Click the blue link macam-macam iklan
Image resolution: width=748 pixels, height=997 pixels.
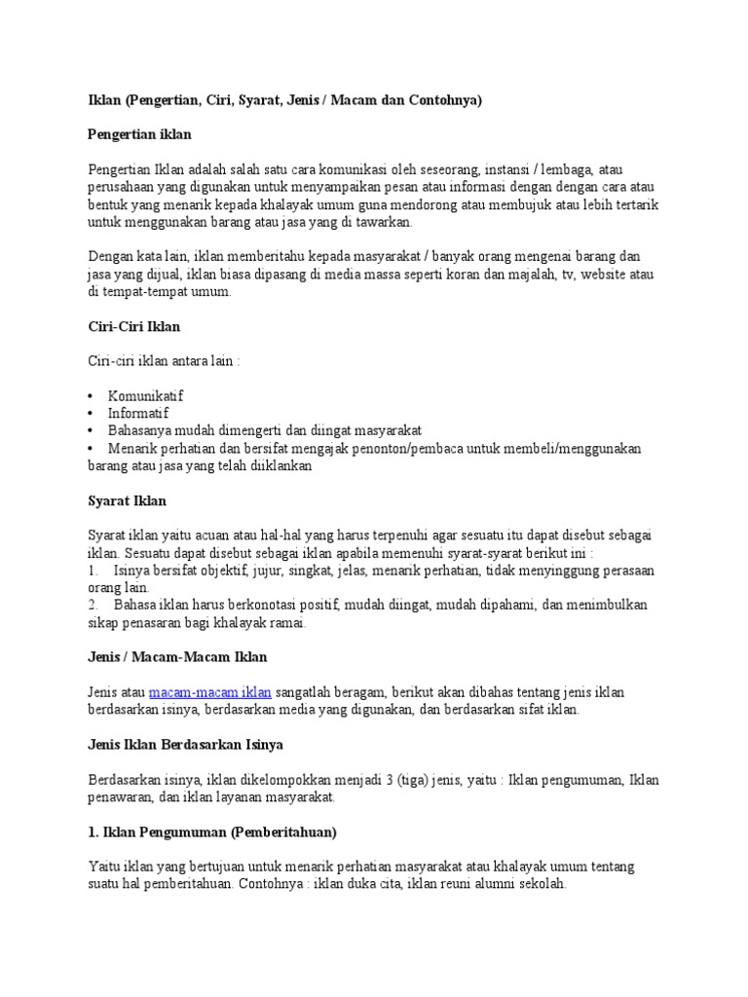[210, 692]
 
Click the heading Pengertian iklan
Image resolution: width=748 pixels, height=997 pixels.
[146, 133]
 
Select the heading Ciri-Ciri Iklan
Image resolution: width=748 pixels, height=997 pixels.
[133, 326]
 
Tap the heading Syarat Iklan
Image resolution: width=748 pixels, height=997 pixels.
[127, 500]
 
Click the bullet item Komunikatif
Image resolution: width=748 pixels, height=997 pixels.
[145, 396]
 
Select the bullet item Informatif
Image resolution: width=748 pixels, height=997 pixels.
[137, 413]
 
